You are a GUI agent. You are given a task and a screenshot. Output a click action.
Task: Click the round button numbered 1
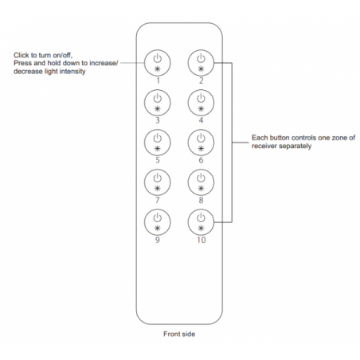158,63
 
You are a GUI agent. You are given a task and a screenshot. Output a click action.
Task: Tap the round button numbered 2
201,63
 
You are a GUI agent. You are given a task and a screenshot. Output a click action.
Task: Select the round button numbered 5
158,143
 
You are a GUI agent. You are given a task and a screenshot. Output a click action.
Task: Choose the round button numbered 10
201,222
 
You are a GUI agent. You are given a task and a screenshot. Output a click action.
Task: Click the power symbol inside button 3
158,98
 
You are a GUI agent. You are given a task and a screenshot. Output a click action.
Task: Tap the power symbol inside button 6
201,138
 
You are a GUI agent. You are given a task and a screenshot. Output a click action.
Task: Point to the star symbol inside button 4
201,109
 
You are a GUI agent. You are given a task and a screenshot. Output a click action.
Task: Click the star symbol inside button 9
158,229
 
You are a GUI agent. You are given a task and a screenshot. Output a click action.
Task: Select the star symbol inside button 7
158,189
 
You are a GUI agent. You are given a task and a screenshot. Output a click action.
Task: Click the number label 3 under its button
158,120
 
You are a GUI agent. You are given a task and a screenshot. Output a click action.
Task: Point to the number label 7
158,200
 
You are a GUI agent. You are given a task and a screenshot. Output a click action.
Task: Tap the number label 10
202,240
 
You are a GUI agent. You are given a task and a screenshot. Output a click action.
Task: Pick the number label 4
201,120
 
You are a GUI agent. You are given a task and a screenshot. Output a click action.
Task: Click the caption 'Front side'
179,334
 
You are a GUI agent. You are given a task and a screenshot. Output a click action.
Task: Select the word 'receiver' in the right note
264,146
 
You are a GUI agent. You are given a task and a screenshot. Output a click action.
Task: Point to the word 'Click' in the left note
22,55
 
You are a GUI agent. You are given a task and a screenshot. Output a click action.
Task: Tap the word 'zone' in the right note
339,138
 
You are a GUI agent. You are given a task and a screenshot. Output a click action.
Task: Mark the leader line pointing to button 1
132,63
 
